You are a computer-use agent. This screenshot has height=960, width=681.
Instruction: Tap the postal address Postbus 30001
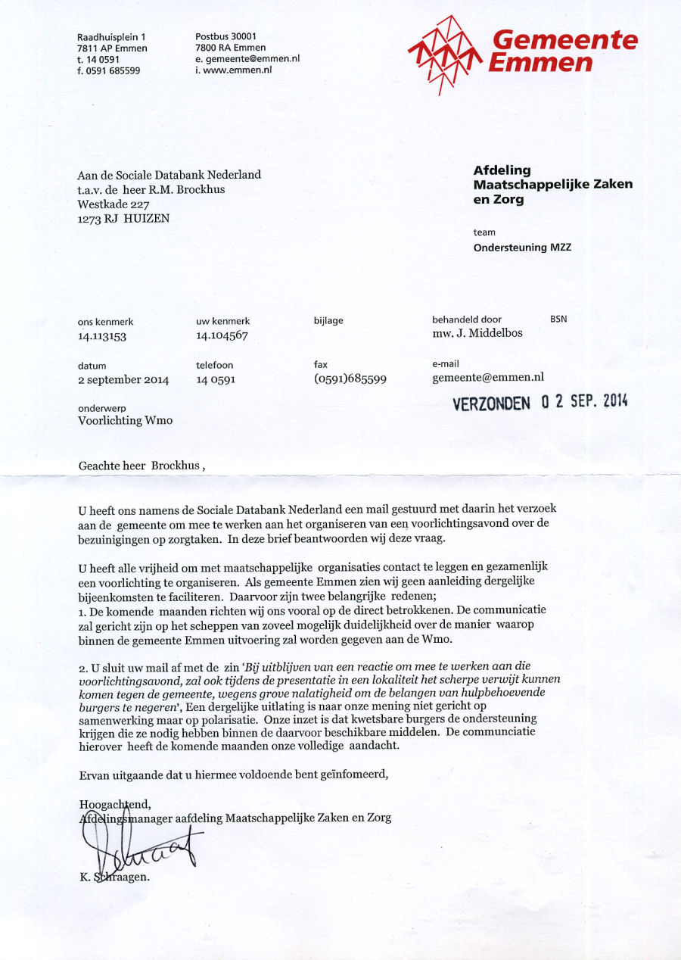click(x=226, y=36)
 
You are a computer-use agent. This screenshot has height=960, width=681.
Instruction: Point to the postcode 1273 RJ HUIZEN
click(x=123, y=218)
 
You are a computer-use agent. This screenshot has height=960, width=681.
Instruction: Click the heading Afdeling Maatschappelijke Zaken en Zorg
click(x=552, y=185)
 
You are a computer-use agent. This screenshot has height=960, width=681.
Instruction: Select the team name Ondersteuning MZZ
click(x=521, y=248)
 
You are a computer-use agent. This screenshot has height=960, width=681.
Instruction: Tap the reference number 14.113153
click(x=102, y=336)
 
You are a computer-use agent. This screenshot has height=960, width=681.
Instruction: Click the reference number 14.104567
click(x=222, y=335)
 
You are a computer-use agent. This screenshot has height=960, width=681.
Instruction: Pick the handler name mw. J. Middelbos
click(x=477, y=333)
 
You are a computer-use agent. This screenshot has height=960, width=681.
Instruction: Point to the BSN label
click(x=558, y=319)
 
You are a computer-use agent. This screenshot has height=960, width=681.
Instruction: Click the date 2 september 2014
click(x=123, y=380)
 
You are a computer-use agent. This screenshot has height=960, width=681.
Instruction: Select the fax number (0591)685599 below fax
click(x=350, y=379)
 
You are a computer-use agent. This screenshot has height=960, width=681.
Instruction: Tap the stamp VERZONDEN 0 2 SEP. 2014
click(x=540, y=402)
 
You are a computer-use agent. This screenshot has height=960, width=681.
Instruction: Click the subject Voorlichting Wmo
click(x=126, y=421)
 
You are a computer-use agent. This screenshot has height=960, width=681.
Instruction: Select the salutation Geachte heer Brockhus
click(x=141, y=466)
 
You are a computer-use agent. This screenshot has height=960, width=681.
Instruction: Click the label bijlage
click(x=328, y=321)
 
